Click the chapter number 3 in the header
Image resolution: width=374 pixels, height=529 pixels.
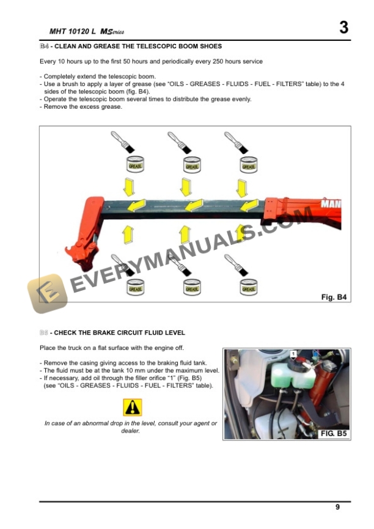(343, 27)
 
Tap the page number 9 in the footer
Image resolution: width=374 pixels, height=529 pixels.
(337, 506)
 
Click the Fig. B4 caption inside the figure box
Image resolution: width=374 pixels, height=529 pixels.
(334, 297)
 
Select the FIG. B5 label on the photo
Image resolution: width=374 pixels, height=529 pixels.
(334, 434)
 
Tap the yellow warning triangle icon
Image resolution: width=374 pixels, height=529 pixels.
(132, 407)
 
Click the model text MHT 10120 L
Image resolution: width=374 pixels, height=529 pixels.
(71, 31)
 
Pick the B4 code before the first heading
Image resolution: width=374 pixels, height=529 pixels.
(44, 46)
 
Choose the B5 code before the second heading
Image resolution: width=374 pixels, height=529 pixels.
(44, 333)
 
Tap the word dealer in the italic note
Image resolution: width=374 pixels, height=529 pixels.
(131, 431)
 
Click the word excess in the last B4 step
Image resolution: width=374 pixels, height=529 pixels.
(87, 106)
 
